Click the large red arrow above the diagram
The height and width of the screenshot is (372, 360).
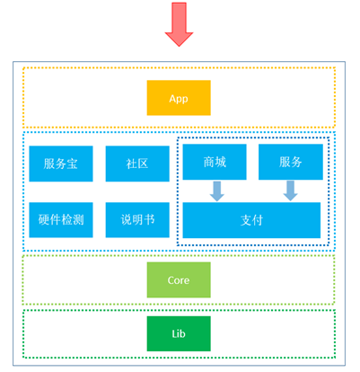click(x=179, y=24)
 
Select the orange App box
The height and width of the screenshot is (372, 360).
click(x=179, y=98)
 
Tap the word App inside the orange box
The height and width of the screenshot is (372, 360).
click(x=179, y=99)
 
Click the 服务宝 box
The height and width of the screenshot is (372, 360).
click(x=61, y=164)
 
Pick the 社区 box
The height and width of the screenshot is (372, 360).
click(x=137, y=164)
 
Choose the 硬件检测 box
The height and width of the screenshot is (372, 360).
click(x=61, y=220)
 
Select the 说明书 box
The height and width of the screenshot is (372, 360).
click(x=137, y=220)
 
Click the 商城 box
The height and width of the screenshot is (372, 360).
click(x=215, y=162)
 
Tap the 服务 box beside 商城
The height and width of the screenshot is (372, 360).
click(x=291, y=162)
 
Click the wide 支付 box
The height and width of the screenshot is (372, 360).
click(x=251, y=220)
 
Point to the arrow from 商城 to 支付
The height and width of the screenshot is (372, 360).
click(x=217, y=191)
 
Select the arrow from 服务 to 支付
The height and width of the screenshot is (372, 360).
click(x=290, y=190)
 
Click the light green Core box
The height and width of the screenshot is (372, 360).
click(x=179, y=279)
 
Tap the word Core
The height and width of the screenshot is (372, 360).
click(x=179, y=280)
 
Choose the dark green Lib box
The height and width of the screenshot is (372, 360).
click(x=179, y=333)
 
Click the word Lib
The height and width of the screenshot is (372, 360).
click(x=179, y=333)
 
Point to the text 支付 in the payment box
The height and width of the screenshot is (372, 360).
click(x=251, y=220)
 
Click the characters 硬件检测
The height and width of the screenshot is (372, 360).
click(x=61, y=220)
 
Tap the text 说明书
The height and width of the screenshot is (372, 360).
click(x=137, y=220)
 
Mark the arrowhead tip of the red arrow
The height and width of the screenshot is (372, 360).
click(x=179, y=47)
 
